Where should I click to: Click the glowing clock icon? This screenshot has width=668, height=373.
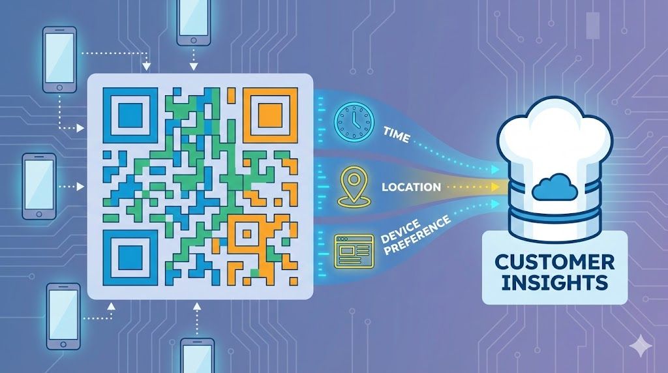coord(354,122)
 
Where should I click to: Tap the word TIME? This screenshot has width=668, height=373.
coord(397,135)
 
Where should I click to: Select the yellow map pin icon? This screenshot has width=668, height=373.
coord(354,187)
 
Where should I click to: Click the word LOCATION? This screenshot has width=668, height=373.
coord(411,187)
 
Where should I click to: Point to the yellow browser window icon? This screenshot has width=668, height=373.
coord(354,251)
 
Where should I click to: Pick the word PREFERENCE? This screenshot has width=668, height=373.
coord(417,235)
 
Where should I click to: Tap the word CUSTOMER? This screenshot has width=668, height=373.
coord(554,262)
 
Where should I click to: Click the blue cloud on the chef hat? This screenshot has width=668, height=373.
coord(554,187)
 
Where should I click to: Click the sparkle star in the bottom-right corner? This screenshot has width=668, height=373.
coord(641,346)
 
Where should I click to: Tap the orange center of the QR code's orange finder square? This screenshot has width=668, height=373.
coord(270,115)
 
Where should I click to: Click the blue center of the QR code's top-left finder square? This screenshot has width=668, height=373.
coord(130,115)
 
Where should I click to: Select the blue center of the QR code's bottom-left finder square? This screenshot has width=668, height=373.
coord(130,258)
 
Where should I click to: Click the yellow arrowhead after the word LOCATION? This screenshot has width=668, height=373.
coord(495,187)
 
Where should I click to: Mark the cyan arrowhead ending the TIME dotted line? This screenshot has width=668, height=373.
coord(495,170)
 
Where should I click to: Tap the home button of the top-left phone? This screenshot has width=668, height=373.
coord(59,88)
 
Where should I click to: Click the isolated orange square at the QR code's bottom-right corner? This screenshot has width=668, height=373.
coord(294,281)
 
